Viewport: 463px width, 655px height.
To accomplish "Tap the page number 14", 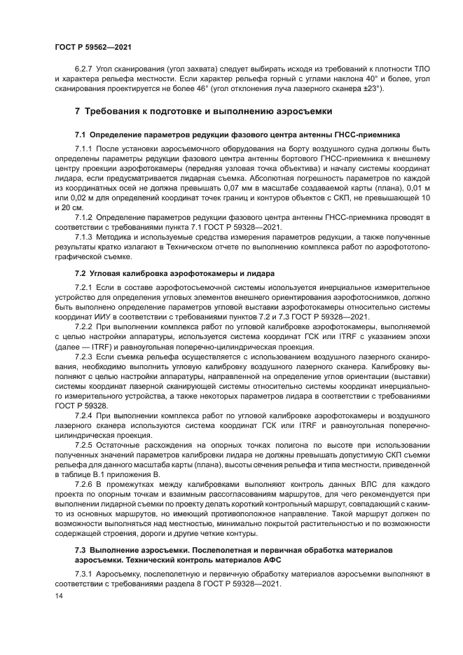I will point(58,595).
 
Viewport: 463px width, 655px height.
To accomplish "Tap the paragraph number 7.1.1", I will point(85,149).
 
